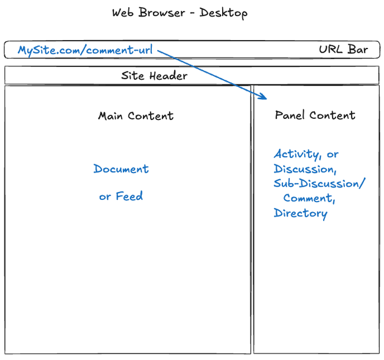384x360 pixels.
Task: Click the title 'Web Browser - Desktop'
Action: tap(180, 13)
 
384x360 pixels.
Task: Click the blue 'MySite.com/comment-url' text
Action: tap(85, 50)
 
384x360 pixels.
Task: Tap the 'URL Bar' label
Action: tap(343, 50)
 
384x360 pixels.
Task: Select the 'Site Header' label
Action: tap(154, 76)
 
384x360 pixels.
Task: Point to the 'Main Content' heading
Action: tap(136, 116)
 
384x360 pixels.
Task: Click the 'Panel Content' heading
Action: tap(315, 115)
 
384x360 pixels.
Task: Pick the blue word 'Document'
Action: tap(121, 169)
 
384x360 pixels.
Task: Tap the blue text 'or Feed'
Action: tap(121, 196)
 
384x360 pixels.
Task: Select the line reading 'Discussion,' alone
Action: tap(305, 169)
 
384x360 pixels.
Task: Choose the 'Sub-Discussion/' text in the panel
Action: tap(319, 184)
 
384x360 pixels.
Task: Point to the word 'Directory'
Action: tap(300, 213)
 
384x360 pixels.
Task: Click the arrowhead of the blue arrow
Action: tap(266, 98)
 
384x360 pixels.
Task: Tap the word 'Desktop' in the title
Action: tap(223, 13)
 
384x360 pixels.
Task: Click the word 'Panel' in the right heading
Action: tap(289, 115)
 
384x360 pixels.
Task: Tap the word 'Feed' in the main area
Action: tap(129, 196)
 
